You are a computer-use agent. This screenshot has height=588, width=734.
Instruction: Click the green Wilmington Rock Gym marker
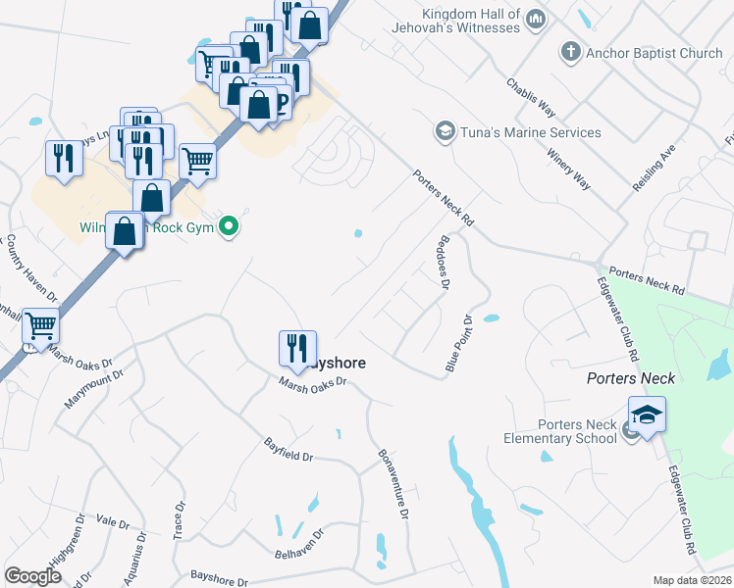coord(230,227)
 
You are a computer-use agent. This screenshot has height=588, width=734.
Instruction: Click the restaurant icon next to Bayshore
coord(296,347)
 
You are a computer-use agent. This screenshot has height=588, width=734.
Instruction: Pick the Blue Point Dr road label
coord(459,343)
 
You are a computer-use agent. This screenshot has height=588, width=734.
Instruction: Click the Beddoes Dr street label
coord(442,261)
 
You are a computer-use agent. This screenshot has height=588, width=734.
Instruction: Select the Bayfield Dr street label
coord(288,450)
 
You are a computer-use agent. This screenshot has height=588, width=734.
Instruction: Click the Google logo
coord(32,576)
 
